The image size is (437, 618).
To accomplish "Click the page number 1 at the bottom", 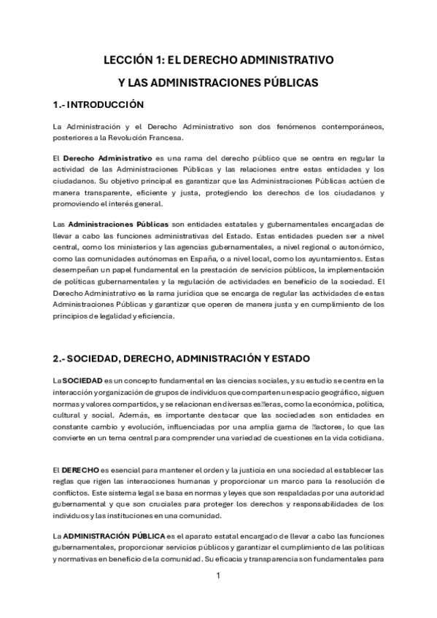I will pos(218,575).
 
